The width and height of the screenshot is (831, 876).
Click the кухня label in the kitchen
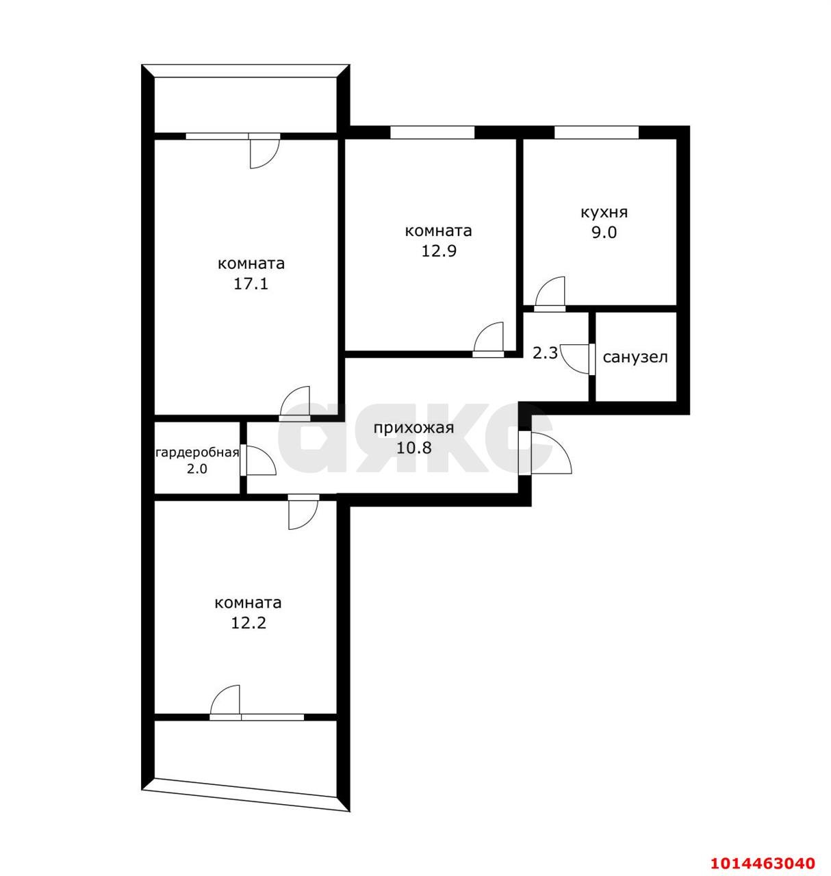pyautogui.click(x=604, y=213)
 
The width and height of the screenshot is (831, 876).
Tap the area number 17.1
pyautogui.click(x=251, y=284)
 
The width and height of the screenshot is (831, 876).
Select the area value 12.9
pyautogui.click(x=439, y=251)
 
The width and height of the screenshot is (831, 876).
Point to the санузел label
pyautogui.click(x=635, y=357)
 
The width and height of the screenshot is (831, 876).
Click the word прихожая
pyautogui.click(x=413, y=428)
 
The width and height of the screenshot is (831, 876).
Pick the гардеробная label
pyautogui.click(x=197, y=453)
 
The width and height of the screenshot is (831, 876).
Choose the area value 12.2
pyautogui.click(x=248, y=623)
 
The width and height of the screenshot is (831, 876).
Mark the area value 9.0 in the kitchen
pyautogui.click(x=604, y=233)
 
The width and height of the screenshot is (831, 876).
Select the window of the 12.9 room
pyautogui.click(x=432, y=132)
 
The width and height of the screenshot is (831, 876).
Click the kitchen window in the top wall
pyautogui.click(x=596, y=132)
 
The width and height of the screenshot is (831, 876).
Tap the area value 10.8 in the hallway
pyautogui.click(x=414, y=447)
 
